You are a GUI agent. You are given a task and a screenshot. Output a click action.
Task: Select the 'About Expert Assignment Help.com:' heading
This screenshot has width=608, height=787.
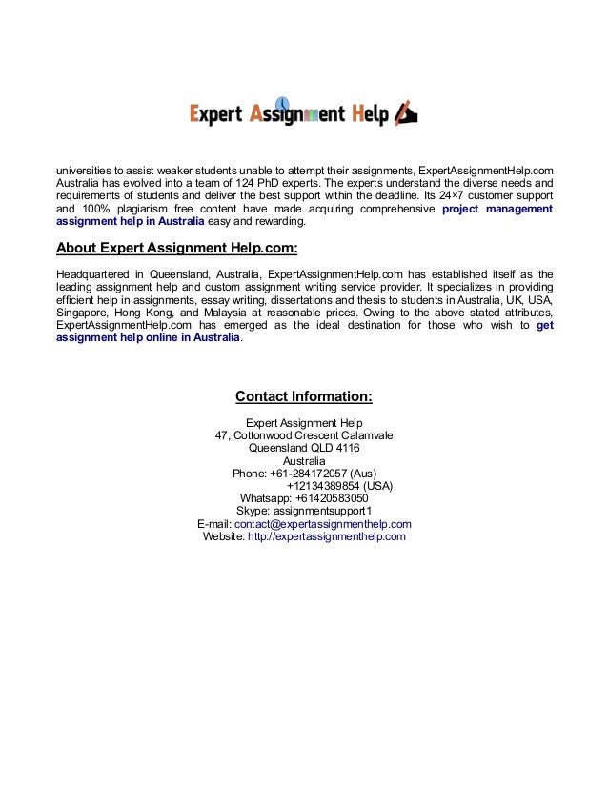pyautogui.click(x=177, y=249)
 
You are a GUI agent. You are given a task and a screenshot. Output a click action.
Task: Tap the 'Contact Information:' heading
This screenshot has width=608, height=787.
pyautogui.click(x=303, y=396)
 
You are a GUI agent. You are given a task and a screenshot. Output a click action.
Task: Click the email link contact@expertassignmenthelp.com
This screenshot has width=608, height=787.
pyautogui.click(x=323, y=523)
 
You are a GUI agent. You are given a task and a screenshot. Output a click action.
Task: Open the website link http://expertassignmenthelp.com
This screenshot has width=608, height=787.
pyautogui.click(x=326, y=536)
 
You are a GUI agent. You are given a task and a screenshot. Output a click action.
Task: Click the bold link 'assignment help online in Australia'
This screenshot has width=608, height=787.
pyautogui.click(x=148, y=337)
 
